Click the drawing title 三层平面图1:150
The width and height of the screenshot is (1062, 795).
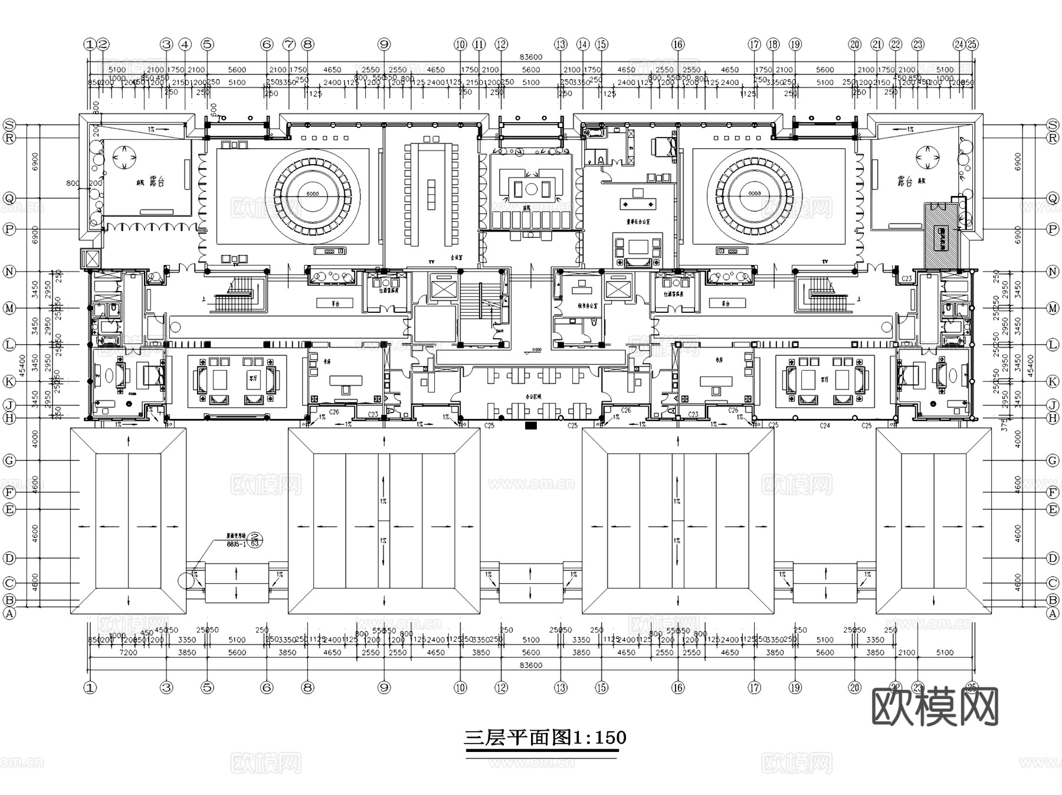(x=545, y=738)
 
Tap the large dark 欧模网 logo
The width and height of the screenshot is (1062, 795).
(x=935, y=706)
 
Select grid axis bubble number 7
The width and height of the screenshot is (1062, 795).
(x=289, y=44)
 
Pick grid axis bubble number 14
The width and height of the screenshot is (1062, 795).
(x=583, y=44)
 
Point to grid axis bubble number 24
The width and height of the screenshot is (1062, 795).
(x=959, y=44)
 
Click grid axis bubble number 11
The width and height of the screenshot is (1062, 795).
(x=479, y=44)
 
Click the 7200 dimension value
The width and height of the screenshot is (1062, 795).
(x=128, y=652)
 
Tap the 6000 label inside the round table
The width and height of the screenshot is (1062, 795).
(x=312, y=194)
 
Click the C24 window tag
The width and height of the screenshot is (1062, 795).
(x=825, y=425)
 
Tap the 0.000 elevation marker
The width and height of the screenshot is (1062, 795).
(x=536, y=350)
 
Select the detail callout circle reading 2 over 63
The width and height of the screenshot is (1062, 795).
(x=255, y=540)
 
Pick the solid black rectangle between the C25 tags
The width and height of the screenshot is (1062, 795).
(x=530, y=425)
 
